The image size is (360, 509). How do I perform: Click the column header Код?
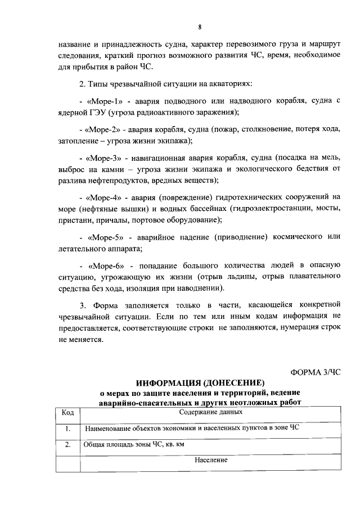pos(67,412)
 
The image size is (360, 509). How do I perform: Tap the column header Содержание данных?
pos(211,412)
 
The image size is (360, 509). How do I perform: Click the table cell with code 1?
pos(67,429)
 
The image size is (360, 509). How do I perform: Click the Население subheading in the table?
pos(211,460)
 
